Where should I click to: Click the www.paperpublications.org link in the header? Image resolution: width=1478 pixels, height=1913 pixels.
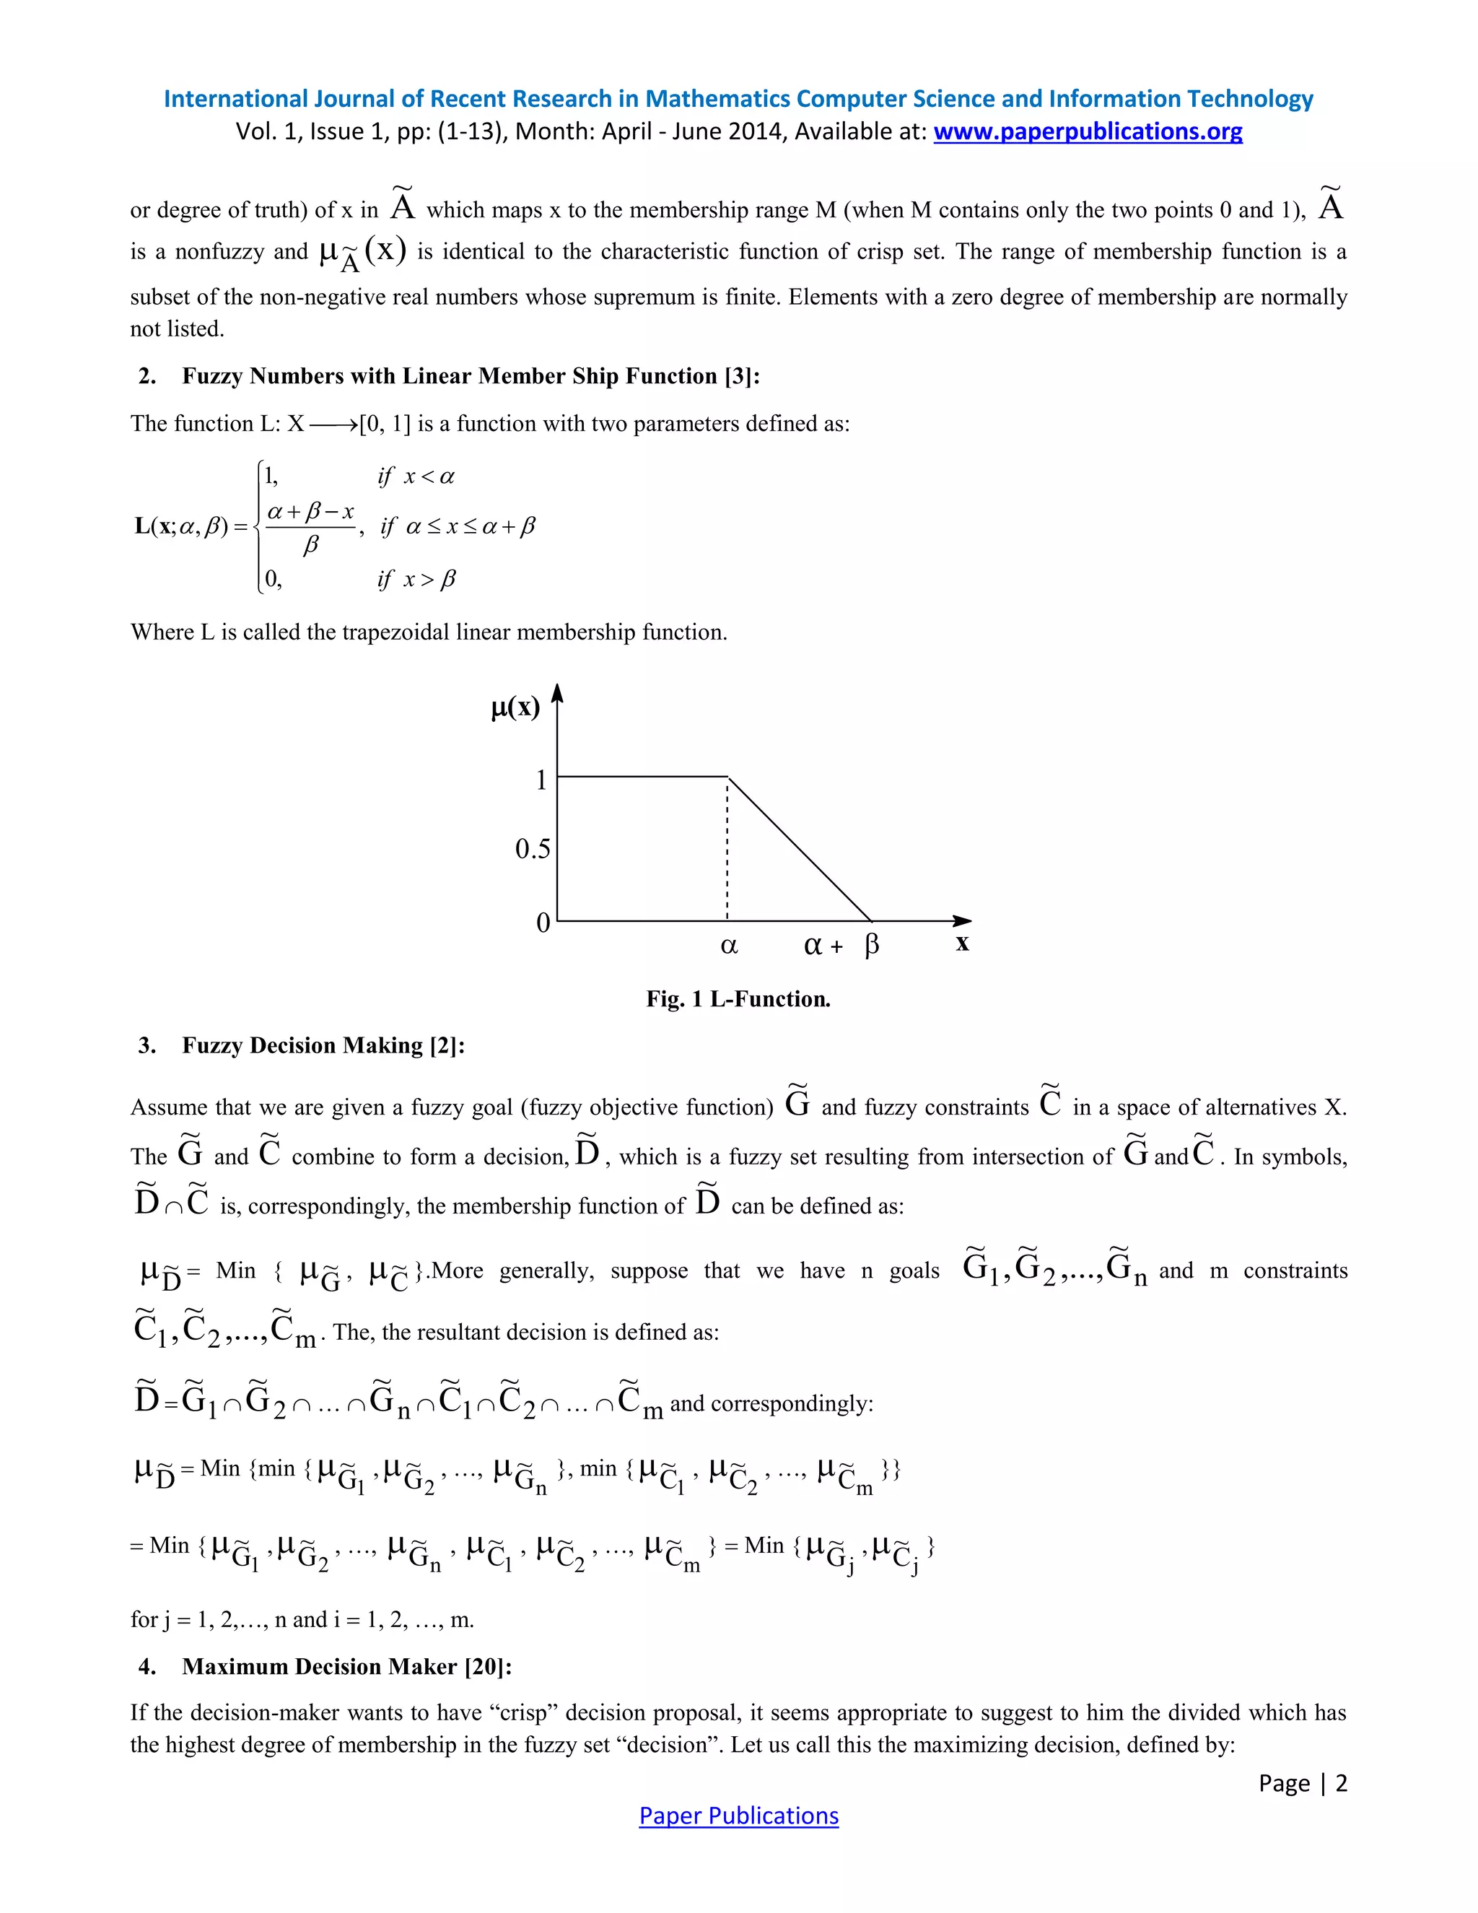tap(1088, 131)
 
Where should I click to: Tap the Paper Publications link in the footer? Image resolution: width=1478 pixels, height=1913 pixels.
tap(738, 1816)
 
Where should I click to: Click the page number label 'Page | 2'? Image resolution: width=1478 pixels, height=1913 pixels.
tap(1302, 1783)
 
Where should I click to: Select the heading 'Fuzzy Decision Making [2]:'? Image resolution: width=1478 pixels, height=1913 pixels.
tap(323, 1045)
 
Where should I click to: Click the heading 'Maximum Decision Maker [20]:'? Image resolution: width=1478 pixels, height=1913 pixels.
tap(346, 1666)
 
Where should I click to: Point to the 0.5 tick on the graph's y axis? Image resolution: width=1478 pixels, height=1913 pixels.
tap(533, 849)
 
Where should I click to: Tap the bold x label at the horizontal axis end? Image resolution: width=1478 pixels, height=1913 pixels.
tap(962, 944)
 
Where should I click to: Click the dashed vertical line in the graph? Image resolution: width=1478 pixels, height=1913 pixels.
tap(727, 850)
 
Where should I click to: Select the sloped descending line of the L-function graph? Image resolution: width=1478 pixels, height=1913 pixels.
tap(800, 849)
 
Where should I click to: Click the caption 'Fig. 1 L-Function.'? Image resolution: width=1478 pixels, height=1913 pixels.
tap(738, 998)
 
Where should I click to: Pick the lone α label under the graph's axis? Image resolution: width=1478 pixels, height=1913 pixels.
tap(728, 946)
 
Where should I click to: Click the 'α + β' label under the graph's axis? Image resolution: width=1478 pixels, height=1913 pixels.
tap(841, 946)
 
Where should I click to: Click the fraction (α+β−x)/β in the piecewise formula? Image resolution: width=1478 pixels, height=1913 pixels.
tap(310, 527)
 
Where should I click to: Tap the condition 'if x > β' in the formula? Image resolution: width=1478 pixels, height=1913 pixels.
tap(417, 580)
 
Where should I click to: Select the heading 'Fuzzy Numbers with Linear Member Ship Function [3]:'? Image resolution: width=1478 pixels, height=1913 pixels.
tap(471, 376)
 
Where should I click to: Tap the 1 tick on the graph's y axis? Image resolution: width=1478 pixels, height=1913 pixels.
tap(541, 779)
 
